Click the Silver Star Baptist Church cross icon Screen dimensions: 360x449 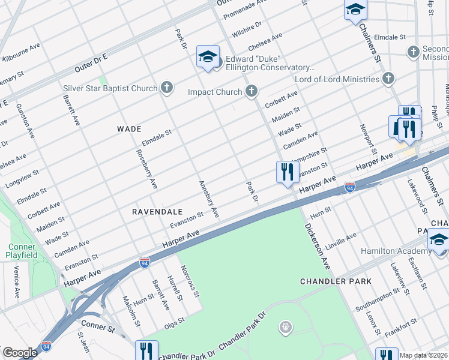[167, 88]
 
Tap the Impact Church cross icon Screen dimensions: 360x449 [251, 91]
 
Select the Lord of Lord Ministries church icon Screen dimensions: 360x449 [388, 79]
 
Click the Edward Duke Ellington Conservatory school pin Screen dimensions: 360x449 [208, 57]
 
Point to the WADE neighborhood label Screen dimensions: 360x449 [129, 129]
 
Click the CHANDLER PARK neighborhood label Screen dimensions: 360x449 [336, 281]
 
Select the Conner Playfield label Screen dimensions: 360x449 [23, 251]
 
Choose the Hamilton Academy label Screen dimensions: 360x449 [393, 251]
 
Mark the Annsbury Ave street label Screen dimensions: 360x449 [208, 199]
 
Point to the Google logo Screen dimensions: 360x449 [20, 353]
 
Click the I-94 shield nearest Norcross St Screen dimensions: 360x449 [144, 262]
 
